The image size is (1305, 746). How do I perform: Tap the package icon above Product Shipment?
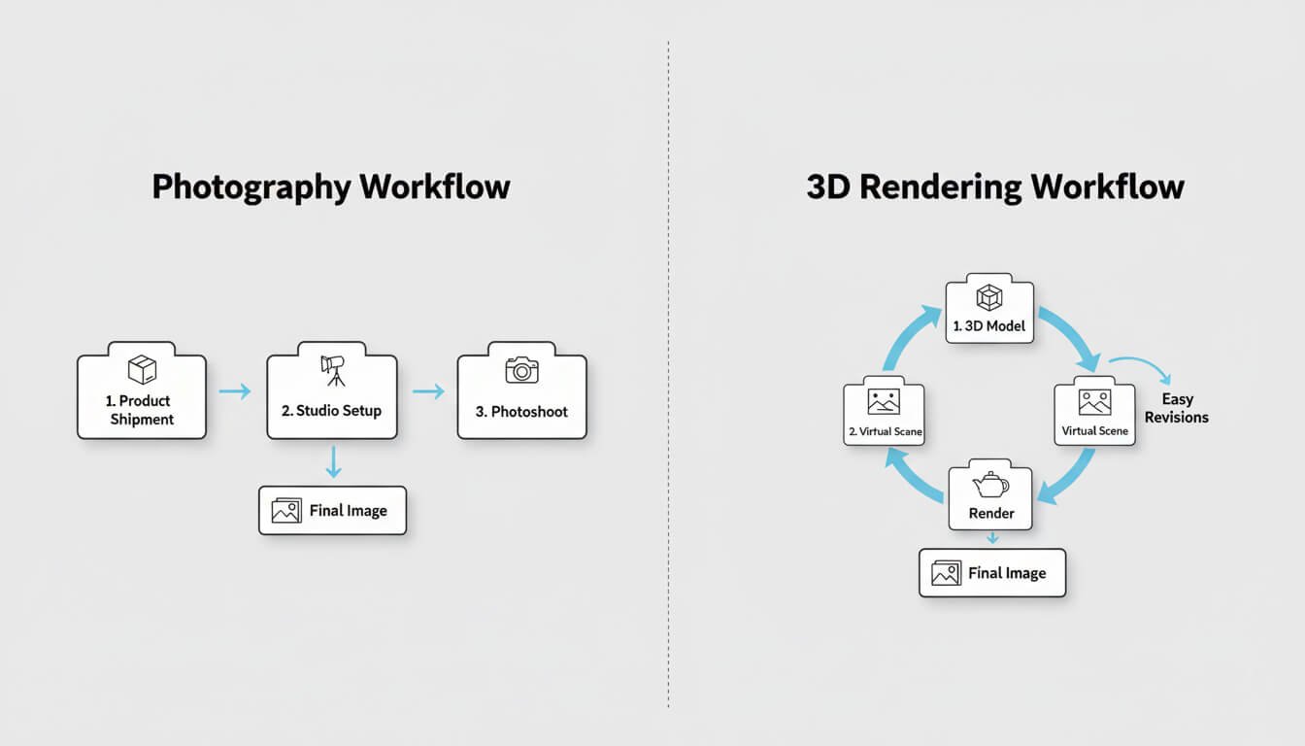click(142, 369)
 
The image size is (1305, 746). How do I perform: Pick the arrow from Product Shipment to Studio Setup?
click(235, 391)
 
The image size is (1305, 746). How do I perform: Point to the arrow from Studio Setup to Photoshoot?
click(427, 391)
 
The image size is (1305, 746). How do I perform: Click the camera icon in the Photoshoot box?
click(521, 370)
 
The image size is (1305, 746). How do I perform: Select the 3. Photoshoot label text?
click(521, 411)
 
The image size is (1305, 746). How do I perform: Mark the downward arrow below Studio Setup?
click(333, 461)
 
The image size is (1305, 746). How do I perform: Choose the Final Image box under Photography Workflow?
click(332, 510)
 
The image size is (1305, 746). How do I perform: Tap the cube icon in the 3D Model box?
click(988, 297)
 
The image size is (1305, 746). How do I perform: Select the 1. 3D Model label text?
click(988, 326)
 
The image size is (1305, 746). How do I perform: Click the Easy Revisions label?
click(1176, 408)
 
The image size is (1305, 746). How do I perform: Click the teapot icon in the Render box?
click(989, 484)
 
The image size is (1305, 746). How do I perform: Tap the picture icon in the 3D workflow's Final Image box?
click(946, 573)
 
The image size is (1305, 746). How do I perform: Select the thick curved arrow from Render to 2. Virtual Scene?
click(909, 476)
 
